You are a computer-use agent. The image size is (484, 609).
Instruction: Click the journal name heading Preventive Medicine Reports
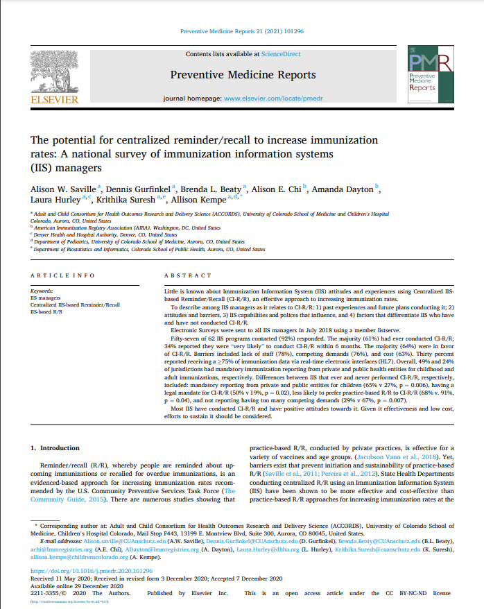point(242,75)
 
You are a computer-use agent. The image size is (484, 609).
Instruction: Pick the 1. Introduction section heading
point(55,448)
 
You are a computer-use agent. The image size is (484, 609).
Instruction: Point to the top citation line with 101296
point(241,32)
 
